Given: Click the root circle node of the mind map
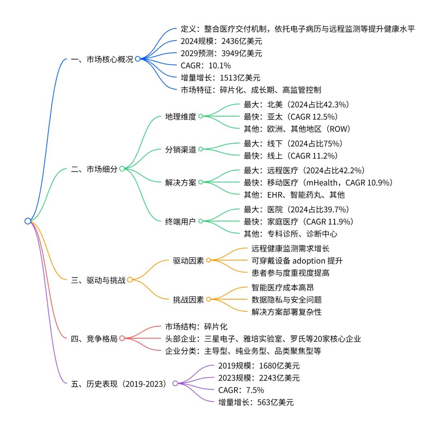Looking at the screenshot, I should click(28, 221).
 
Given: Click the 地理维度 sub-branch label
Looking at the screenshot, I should click(180, 117).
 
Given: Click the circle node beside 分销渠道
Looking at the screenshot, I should click(200, 150).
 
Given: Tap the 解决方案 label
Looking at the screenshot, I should click(180, 182).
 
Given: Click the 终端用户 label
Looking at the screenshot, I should click(180, 221).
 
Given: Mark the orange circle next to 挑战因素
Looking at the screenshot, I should click(209, 299).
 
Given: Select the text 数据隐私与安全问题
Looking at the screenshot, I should click(287, 300).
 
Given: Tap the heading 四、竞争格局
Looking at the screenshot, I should click(94, 339).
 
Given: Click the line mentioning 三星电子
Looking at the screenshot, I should click(263, 339).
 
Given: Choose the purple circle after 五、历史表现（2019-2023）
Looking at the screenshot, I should click(175, 384).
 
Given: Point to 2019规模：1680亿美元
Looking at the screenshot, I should click(259, 365).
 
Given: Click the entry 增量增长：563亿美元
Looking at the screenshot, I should click(256, 402).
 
